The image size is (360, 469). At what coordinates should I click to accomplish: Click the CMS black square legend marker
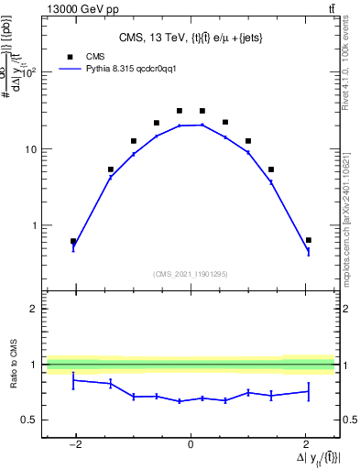click(70, 55)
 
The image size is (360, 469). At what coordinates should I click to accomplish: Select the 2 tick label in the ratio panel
click(35, 309)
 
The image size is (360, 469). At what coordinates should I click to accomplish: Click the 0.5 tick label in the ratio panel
click(30, 420)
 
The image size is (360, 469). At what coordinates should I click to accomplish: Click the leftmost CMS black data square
click(73, 242)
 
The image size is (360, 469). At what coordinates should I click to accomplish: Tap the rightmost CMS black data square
click(309, 240)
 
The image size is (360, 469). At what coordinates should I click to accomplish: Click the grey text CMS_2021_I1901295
click(191, 274)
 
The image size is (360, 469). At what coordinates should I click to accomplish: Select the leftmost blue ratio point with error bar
click(73, 379)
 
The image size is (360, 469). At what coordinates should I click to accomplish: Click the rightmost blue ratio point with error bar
click(309, 391)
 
